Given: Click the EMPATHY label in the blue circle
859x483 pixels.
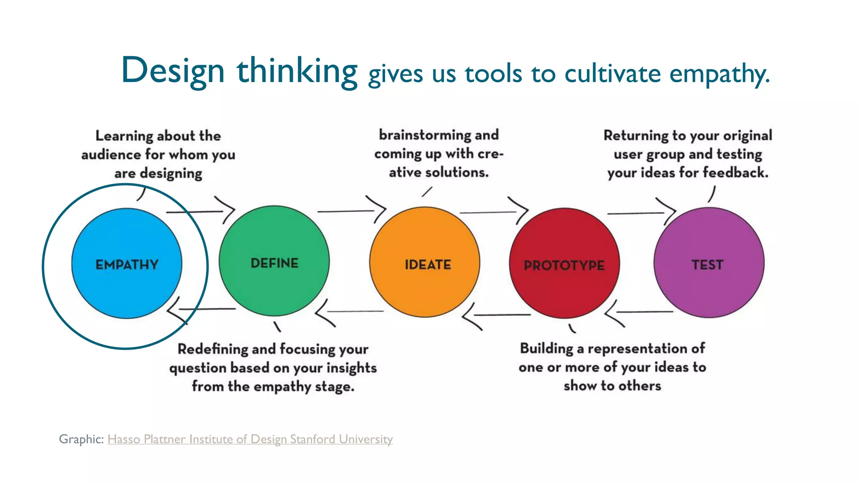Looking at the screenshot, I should (127, 265).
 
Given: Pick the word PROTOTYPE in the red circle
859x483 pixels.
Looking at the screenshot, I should (564, 265).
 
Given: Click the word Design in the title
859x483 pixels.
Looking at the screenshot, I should (173, 70).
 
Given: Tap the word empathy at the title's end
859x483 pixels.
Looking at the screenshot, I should (718, 74).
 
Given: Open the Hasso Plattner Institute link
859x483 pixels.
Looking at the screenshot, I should (250, 439).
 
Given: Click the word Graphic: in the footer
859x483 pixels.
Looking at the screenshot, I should (81, 439).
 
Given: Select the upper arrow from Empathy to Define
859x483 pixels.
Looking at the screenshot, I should (201, 211).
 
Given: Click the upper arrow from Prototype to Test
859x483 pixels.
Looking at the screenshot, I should (642, 213).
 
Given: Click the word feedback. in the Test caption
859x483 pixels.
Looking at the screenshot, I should (735, 172).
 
